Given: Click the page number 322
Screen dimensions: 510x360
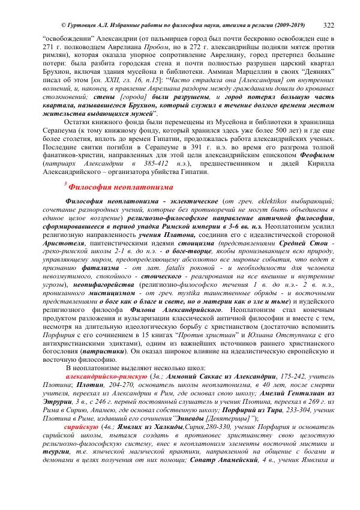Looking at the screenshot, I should (x=329, y=26).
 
